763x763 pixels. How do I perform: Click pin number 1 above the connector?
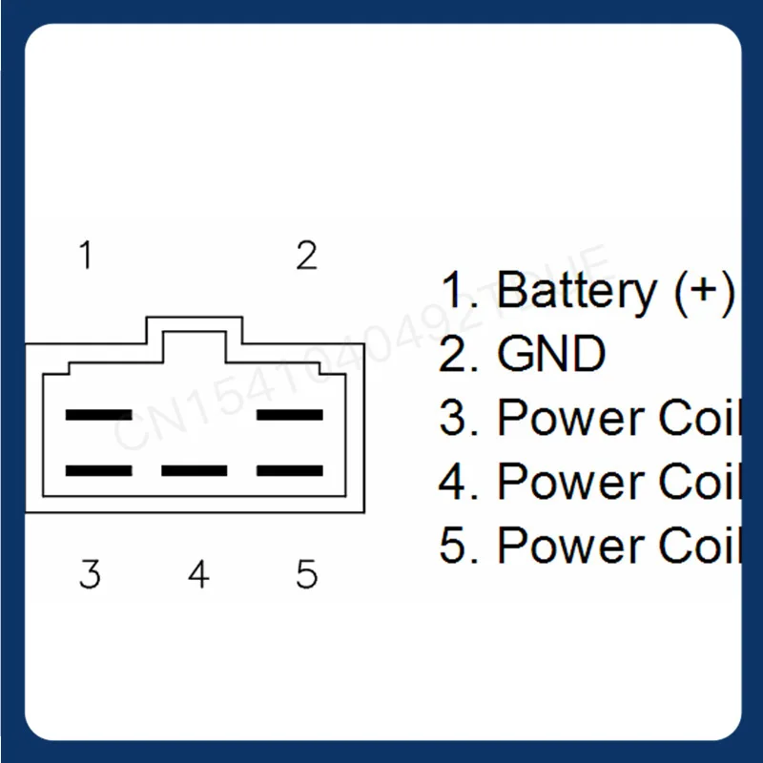point(87,256)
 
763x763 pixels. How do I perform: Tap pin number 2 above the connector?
point(306,256)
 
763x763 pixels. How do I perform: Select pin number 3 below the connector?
point(90,574)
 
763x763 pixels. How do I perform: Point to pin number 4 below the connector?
point(198,574)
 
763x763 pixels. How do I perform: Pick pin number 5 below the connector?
point(306,574)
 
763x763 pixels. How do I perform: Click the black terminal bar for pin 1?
point(98,415)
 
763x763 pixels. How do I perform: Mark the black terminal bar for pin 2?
point(291,415)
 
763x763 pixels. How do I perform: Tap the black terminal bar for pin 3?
point(98,470)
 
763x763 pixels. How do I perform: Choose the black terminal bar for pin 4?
point(195,470)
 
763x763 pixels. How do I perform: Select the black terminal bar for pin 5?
point(291,470)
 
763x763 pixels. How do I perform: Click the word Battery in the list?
point(576,289)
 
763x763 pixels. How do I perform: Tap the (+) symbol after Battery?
point(704,289)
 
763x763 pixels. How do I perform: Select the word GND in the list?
point(551,355)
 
